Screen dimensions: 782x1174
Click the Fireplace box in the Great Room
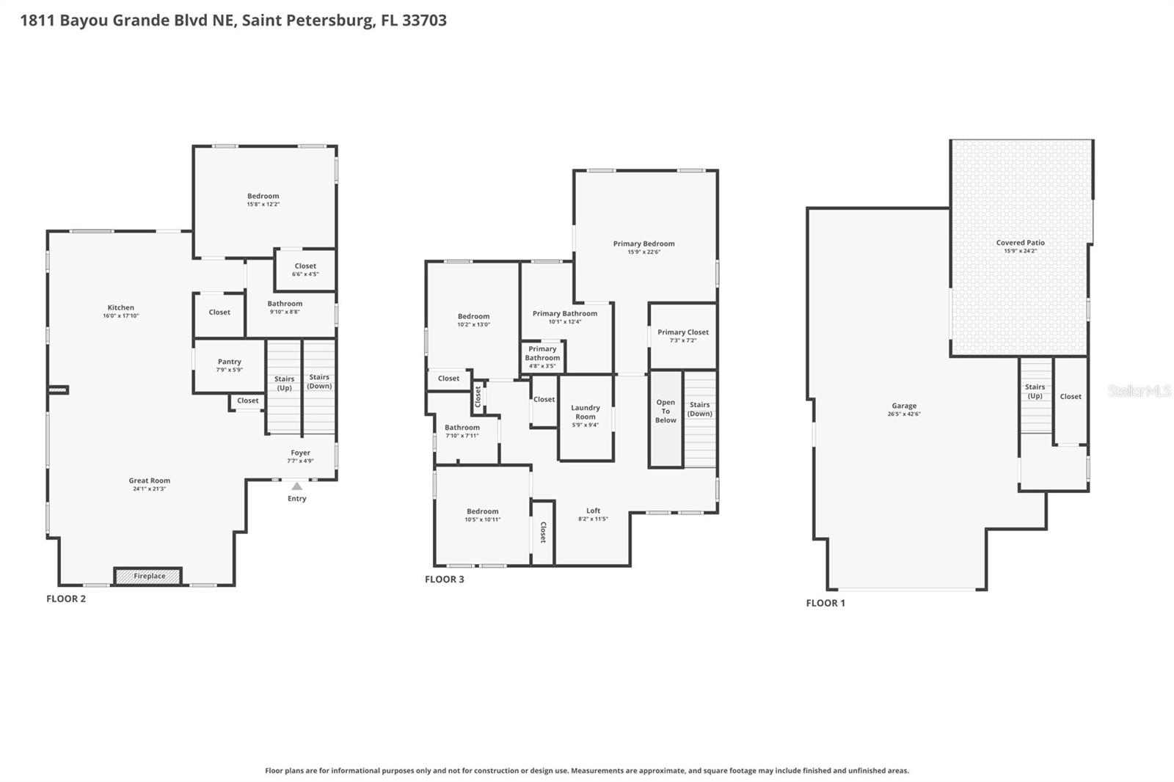point(148,576)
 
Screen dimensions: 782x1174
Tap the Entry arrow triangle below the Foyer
point(296,486)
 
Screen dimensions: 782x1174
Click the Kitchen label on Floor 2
point(120,308)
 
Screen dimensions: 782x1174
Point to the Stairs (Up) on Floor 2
point(284,384)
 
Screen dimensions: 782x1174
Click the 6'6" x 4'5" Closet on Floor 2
point(305,270)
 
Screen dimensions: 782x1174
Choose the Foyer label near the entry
point(300,453)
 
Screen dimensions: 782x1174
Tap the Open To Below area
point(666,412)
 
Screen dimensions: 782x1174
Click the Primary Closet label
point(682,332)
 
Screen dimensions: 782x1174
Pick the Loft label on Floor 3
point(593,511)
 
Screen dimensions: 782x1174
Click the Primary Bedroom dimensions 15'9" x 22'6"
point(643,252)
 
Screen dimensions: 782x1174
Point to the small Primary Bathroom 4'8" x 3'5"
point(542,358)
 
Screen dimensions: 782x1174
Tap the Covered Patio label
point(1020,243)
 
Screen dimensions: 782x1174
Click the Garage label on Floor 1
point(904,406)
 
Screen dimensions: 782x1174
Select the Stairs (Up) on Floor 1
point(1035,391)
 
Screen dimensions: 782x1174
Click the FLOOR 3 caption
point(445,580)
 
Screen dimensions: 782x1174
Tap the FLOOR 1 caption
point(825,603)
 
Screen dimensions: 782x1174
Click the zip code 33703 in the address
point(424,20)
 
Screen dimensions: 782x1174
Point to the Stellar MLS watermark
point(1139,391)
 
